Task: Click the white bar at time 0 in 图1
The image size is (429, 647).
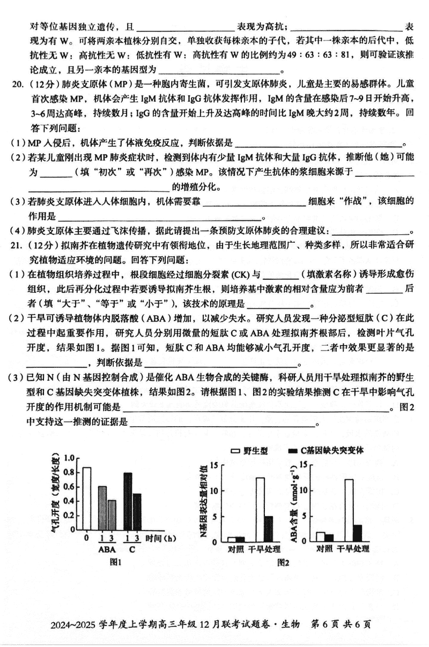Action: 86,499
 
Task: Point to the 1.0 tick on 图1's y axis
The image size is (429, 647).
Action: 68,458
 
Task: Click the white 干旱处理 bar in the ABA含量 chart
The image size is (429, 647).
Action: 349,510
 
